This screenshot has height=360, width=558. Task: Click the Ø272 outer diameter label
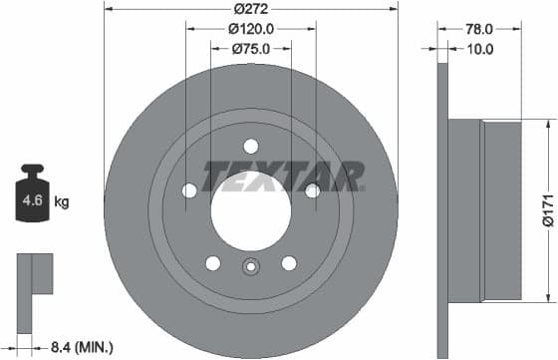250,10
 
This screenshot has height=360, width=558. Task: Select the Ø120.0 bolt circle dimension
250,29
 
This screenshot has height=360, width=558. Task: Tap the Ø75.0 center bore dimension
250,48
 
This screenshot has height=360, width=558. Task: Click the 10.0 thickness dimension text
482,48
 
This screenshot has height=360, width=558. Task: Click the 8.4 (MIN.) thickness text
83,346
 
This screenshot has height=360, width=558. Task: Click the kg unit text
62,202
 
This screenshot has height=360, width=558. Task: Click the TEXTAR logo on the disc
283,178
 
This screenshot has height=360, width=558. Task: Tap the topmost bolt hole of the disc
250,146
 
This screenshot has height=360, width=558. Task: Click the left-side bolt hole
189,190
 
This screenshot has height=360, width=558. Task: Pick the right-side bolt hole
312,190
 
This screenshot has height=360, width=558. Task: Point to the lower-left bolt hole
212,263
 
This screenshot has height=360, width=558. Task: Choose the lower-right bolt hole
288,263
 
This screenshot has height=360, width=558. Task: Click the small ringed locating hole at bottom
250,265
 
